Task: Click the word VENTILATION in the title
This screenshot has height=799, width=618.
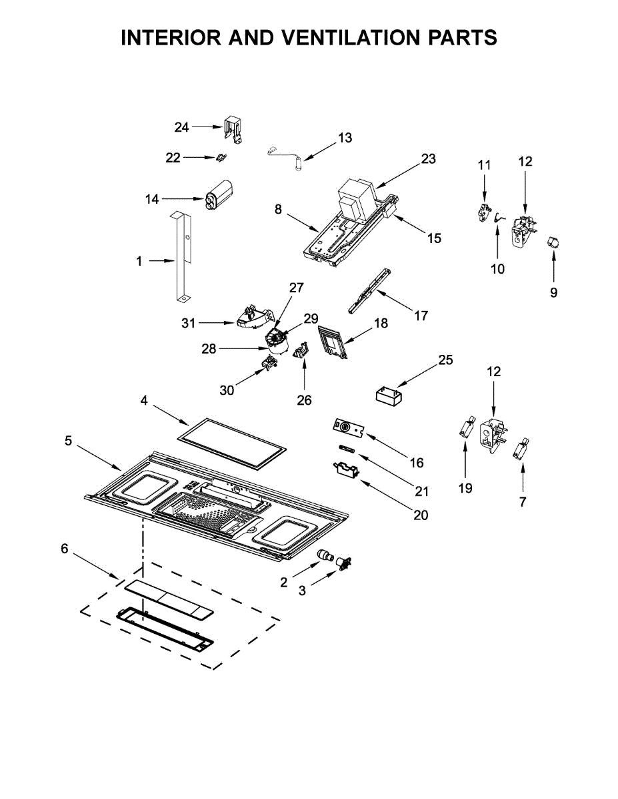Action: [348, 37]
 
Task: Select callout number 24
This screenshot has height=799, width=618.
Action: [181, 127]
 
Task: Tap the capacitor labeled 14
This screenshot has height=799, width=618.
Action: [219, 195]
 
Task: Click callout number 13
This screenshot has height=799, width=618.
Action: [345, 138]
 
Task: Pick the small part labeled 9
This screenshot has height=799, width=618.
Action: [553, 242]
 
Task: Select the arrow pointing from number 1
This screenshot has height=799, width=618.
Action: [161, 261]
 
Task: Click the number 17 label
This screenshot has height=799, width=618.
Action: [421, 315]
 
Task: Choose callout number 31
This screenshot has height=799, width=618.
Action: [188, 323]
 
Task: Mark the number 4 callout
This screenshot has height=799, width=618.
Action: [144, 400]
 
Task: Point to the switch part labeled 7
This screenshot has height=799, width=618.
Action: [520, 448]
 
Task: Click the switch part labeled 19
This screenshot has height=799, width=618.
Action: [467, 427]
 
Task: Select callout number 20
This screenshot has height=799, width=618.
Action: [421, 515]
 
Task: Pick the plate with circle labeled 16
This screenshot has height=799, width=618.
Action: [348, 428]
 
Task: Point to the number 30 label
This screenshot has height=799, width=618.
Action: [227, 390]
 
